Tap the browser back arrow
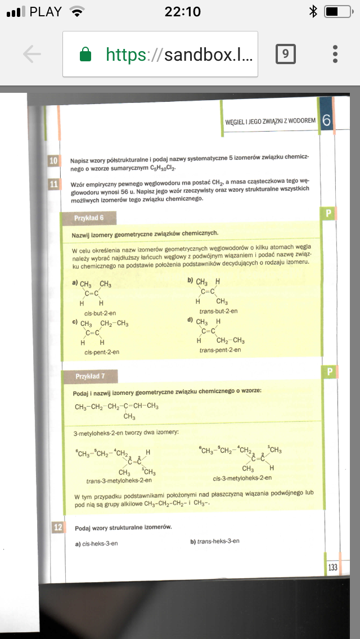pyautogui.click(x=32, y=54)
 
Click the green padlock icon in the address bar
pyautogui.click(x=85, y=54)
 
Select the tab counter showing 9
pyautogui.click(x=285, y=54)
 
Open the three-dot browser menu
pyautogui.click(x=335, y=54)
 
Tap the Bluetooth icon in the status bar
pyautogui.click(x=313, y=11)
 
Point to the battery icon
pyautogui.click(x=338, y=11)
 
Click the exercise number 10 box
pyautogui.click(x=55, y=161)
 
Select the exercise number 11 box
pyautogui.click(x=55, y=184)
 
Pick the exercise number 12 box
pyautogui.click(x=57, y=527)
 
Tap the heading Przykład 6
pyautogui.click(x=89, y=218)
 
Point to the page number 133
pyautogui.click(x=332, y=567)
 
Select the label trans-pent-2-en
pyautogui.click(x=220, y=350)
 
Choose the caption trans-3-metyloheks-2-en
pyautogui.click(x=119, y=480)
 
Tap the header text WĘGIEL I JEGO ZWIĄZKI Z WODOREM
pyautogui.click(x=270, y=121)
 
